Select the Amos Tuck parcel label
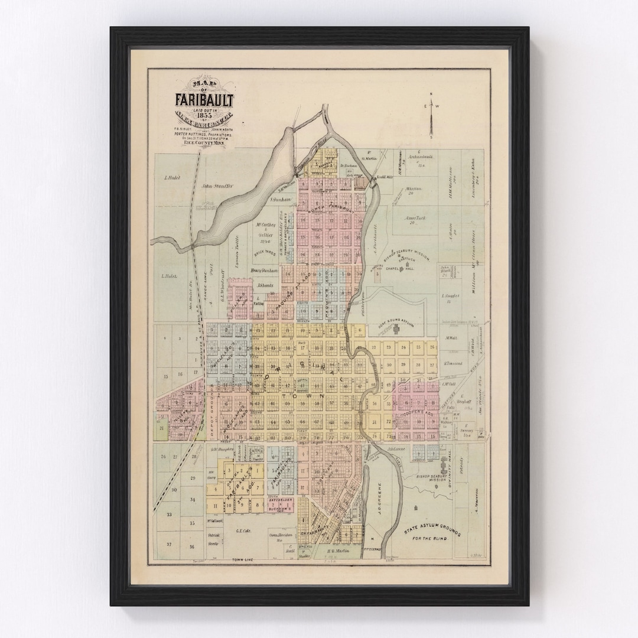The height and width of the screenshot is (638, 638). pos(415,218)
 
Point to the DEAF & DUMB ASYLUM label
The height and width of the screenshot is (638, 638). pos(397,319)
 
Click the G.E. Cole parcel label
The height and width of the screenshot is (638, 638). pos(243,530)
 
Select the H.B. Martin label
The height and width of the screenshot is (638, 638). pos(337,551)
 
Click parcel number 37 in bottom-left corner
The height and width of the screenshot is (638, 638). pos(168,544)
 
